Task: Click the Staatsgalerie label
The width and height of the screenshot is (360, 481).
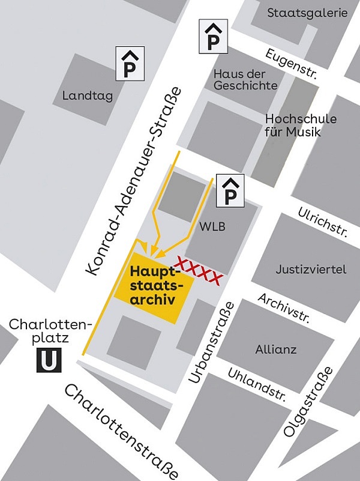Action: pyautogui.click(x=307, y=13)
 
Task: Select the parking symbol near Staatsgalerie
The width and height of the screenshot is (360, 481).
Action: pyautogui.click(x=212, y=36)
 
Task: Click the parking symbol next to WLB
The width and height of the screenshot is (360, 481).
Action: pyautogui.click(x=230, y=191)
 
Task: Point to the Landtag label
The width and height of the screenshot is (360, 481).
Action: pyautogui.click(x=87, y=96)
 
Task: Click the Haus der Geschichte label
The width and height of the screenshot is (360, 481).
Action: pyautogui.click(x=245, y=79)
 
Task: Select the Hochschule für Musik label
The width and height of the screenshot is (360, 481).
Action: pyautogui.click(x=300, y=126)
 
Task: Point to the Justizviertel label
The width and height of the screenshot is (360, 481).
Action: pyautogui.click(x=311, y=270)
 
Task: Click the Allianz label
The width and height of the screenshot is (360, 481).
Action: pyautogui.click(x=275, y=349)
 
